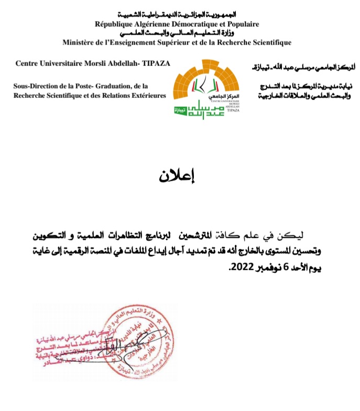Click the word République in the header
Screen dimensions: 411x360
point(113,24)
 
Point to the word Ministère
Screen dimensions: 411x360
point(80,42)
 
